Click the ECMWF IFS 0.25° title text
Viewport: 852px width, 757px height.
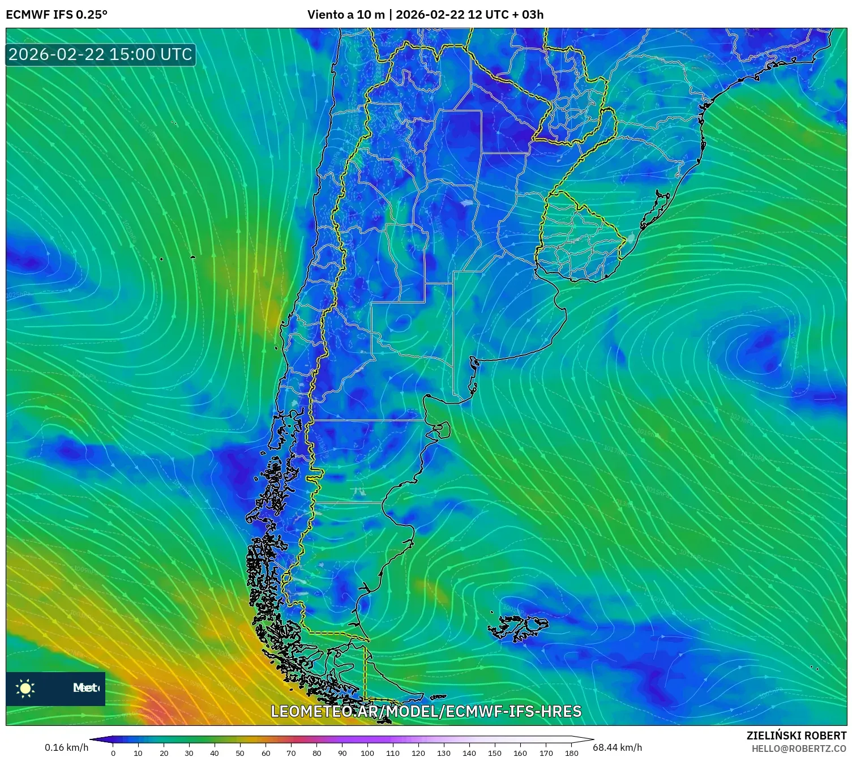pyautogui.click(x=57, y=14)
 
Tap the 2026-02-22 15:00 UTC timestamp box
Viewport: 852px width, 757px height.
pyautogui.click(x=100, y=54)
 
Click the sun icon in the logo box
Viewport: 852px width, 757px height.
pyautogui.click(x=25, y=688)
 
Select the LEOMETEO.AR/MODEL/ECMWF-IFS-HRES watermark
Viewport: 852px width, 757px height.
pyautogui.click(x=426, y=711)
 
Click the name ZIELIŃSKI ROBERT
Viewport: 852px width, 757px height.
pyautogui.click(x=796, y=735)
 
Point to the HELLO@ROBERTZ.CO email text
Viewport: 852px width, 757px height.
pyautogui.click(x=799, y=749)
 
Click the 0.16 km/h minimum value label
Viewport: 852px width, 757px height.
pyautogui.click(x=66, y=747)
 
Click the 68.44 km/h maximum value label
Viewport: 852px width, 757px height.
pyautogui.click(x=617, y=747)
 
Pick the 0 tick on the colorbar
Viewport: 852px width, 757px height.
pyautogui.click(x=113, y=752)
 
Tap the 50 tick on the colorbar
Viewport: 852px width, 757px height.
pyautogui.click(x=240, y=752)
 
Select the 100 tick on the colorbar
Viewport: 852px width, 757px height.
pyautogui.click(x=367, y=752)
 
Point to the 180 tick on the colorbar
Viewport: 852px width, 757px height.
pyautogui.click(x=571, y=752)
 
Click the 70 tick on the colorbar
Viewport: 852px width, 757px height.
pyautogui.click(x=291, y=752)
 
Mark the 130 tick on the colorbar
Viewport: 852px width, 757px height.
pyautogui.click(x=444, y=752)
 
